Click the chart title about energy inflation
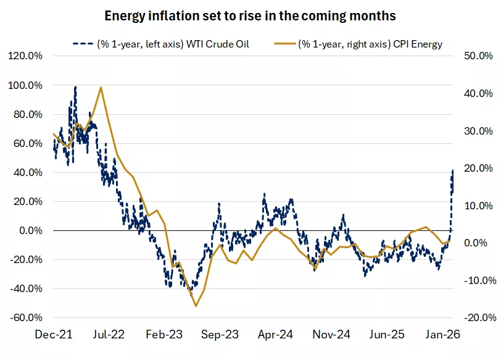pyautogui.click(x=250, y=14)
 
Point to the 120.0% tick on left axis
pyautogui.click(x=25, y=56)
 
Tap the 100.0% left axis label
pyautogui.click(x=25, y=85)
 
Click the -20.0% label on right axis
pyautogui.click(x=476, y=317)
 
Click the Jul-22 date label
pyautogui.click(x=109, y=335)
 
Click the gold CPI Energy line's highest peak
pyautogui.click(x=101, y=88)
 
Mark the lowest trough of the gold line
pyautogui.click(x=196, y=306)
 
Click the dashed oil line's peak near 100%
pyautogui.click(x=75, y=87)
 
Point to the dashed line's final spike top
pyautogui.click(x=453, y=170)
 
